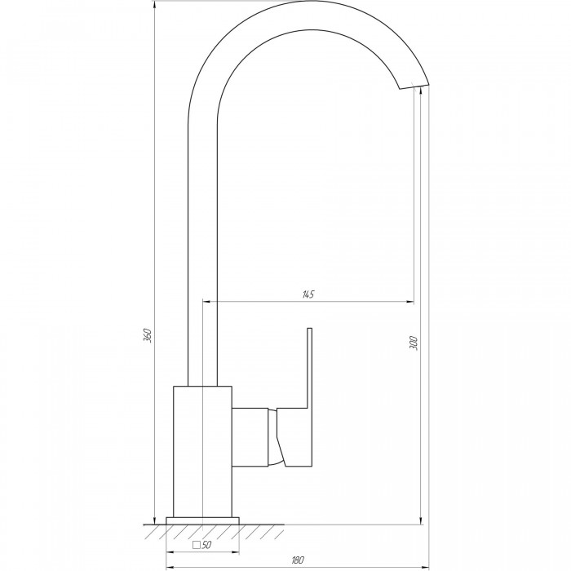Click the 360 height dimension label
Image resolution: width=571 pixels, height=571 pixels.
[x=148, y=335]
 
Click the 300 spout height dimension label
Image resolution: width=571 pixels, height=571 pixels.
[x=414, y=343]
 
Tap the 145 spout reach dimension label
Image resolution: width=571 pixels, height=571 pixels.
[x=308, y=294]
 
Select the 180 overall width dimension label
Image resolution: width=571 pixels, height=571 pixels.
[x=298, y=560]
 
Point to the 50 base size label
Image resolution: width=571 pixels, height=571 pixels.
[x=206, y=545]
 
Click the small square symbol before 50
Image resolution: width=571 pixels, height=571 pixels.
[x=197, y=545]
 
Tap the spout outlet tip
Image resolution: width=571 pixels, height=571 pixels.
[x=414, y=86]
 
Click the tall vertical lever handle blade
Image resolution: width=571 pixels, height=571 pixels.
[x=309, y=368]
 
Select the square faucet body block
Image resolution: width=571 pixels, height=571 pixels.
[x=202, y=451]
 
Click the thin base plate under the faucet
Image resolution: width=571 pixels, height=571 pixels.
[x=202, y=520]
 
